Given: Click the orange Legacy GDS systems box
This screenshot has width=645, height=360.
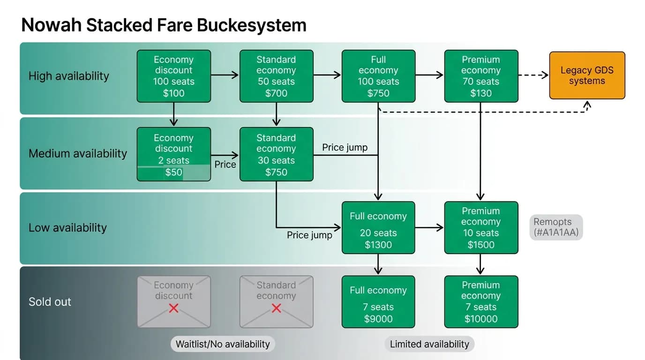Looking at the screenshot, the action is [587, 75].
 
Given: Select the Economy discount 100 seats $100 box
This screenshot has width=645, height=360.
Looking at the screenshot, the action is [173, 76].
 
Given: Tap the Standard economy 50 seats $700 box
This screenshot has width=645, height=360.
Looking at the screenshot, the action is [277, 76].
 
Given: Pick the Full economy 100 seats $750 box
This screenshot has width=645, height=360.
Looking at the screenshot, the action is [378, 76].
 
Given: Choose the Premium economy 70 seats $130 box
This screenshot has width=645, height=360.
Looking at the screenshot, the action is [481, 76].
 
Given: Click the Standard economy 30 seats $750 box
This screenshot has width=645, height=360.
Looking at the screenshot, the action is [277, 154].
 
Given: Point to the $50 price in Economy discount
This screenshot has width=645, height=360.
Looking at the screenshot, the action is [173, 172].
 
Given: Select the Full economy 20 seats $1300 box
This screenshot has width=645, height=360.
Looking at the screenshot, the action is [378, 227].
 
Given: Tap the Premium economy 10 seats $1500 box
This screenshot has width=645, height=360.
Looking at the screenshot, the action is [481, 227].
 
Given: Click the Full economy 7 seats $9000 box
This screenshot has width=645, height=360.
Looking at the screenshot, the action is [378, 302].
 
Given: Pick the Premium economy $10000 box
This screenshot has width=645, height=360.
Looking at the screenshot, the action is [481, 302].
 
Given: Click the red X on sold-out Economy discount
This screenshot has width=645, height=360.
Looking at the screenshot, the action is [173, 308].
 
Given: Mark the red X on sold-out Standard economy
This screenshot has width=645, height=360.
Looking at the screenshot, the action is [277, 308].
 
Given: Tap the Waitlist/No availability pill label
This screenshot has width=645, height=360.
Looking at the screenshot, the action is [223, 344].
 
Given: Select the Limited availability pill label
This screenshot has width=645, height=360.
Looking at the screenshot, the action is [429, 344].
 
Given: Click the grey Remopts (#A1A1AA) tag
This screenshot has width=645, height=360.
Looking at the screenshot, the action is [556, 227].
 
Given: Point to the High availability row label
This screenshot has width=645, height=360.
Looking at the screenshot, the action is [69, 76].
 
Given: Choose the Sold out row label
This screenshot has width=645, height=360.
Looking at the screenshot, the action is [50, 302].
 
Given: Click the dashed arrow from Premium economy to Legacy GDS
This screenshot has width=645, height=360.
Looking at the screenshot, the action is [533, 75].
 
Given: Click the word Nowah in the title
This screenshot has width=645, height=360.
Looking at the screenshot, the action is [52, 25].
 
